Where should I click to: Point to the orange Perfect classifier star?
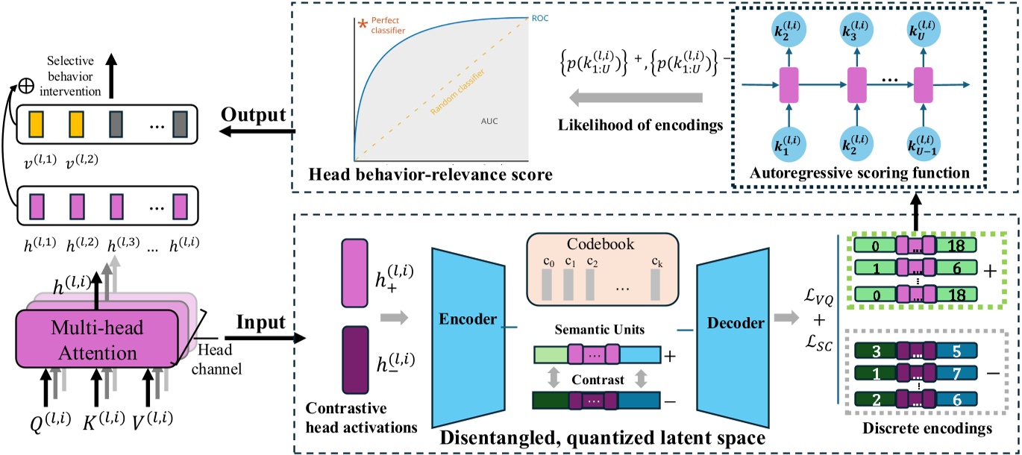pyautogui.click(x=363, y=25)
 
